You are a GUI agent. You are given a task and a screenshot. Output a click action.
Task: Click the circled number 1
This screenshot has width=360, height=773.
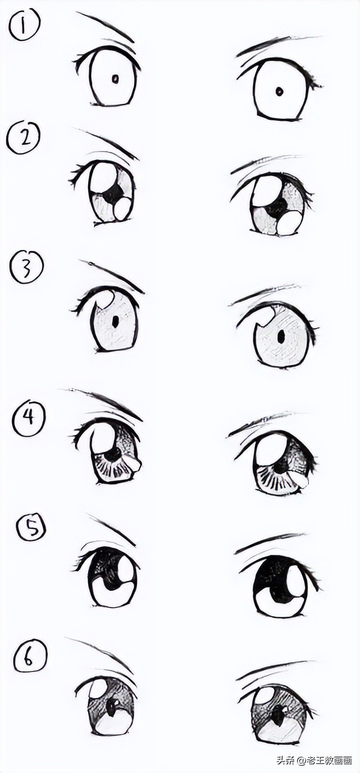[x=24, y=26]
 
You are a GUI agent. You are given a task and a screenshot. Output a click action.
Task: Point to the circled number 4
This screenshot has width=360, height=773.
[x=29, y=419]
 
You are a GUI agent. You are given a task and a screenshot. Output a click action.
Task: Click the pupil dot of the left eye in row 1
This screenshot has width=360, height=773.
[x=115, y=79]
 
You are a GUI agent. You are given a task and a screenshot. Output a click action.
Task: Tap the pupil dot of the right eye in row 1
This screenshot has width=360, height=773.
[x=279, y=91]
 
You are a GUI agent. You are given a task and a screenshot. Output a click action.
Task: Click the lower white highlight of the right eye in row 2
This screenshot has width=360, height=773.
[x=289, y=223]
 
